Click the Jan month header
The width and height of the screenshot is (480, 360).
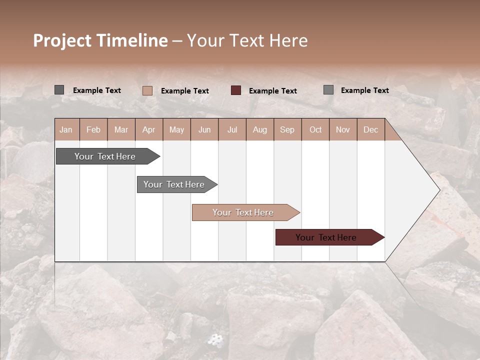click(x=66, y=130)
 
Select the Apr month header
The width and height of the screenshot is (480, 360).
click(x=148, y=130)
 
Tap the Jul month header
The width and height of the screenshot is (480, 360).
click(x=232, y=130)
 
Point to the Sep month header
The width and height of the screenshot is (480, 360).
click(x=287, y=130)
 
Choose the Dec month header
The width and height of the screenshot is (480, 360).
click(x=370, y=130)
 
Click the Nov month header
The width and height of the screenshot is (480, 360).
click(x=342, y=130)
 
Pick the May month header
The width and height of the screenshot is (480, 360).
click(x=176, y=130)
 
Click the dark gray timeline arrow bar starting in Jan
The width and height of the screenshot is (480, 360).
click(x=105, y=156)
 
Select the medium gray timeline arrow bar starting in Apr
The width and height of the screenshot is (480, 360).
click(x=174, y=184)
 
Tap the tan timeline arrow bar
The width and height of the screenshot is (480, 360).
click(x=243, y=212)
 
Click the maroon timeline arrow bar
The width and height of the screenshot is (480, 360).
click(x=326, y=237)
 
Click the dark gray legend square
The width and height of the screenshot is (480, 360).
click(x=59, y=90)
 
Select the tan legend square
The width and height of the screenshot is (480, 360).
click(x=147, y=90)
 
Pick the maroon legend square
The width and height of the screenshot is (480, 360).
click(x=236, y=90)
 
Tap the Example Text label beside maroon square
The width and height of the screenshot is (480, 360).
click(x=272, y=91)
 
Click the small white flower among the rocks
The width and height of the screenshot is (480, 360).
click(x=215, y=340)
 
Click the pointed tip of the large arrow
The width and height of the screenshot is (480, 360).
click(x=439, y=190)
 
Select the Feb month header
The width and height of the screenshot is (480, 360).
click(x=93, y=130)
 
